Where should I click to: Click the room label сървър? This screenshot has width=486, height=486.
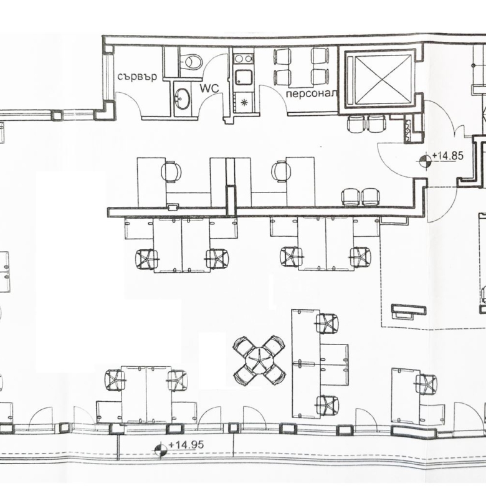click(x=137, y=76)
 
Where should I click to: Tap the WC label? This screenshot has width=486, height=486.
click(x=209, y=88)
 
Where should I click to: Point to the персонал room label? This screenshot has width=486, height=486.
click(x=311, y=93)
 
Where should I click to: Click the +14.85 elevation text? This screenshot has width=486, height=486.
click(x=447, y=155)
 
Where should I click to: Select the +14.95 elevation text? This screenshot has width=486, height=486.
click(x=186, y=445)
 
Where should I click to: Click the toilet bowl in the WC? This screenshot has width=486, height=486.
click(x=193, y=62)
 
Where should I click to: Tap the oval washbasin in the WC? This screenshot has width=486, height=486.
click(x=182, y=98)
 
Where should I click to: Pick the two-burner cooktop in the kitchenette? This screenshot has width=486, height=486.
click(x=243, y=59)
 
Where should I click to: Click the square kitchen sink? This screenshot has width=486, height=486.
click(x=243, y=77)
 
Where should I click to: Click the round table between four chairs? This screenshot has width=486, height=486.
click(x=259, y=360)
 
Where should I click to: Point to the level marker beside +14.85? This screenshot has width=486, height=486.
click(x=424, y=161)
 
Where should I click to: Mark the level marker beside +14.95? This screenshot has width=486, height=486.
click(x=161, y=450)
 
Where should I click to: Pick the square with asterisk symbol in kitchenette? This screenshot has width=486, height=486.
click(x=244, y=103)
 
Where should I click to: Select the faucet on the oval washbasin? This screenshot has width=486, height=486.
click(x=178, y=99)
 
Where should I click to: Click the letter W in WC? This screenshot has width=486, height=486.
click(x=204, y=88)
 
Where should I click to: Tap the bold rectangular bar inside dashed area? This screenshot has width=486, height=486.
click(x=409, y=309)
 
